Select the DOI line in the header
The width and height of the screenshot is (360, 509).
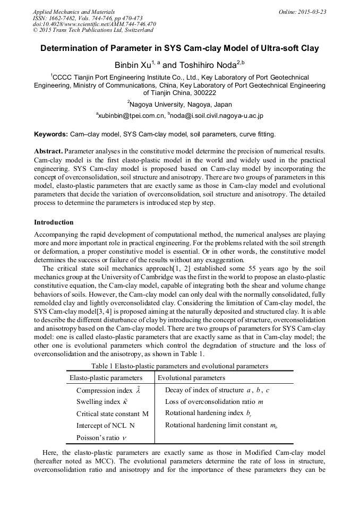click(x=95, y=24)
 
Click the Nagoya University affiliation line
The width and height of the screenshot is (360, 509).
click(x=179, y=105)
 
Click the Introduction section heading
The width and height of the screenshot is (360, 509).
click(x=54, y=222)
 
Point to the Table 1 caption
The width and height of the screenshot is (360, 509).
click(x=179, y=366)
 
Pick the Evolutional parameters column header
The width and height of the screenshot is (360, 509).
click(x=192, y=378)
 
